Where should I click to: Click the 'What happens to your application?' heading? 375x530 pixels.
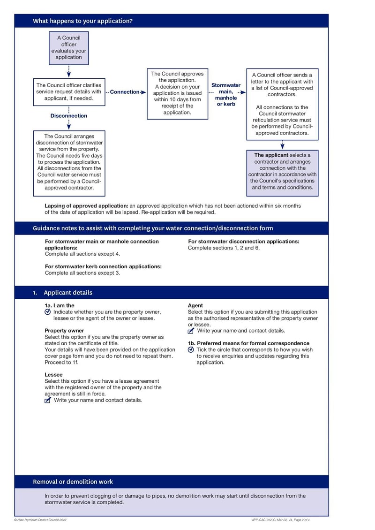82,21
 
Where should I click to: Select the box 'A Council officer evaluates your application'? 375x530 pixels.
68,48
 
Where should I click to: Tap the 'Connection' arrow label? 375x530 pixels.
125,92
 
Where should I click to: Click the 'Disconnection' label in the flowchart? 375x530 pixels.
68,116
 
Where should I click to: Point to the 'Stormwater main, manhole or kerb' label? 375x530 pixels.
226,94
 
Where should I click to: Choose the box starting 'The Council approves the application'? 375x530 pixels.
177,93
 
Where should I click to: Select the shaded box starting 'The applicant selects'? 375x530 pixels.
282,171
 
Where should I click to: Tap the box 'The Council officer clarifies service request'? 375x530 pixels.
68,92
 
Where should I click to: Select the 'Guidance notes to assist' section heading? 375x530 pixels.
153,228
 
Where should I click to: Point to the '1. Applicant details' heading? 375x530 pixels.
63,293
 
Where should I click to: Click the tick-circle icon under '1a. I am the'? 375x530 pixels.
48,312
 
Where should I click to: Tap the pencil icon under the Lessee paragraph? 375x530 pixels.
48,400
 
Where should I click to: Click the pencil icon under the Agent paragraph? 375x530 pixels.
191,331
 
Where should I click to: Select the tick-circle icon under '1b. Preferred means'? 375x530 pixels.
191,350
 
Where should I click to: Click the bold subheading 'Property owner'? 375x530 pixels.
64,331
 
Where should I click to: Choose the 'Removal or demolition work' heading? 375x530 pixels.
73,482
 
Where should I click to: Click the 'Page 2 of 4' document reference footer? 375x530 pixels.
281,520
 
